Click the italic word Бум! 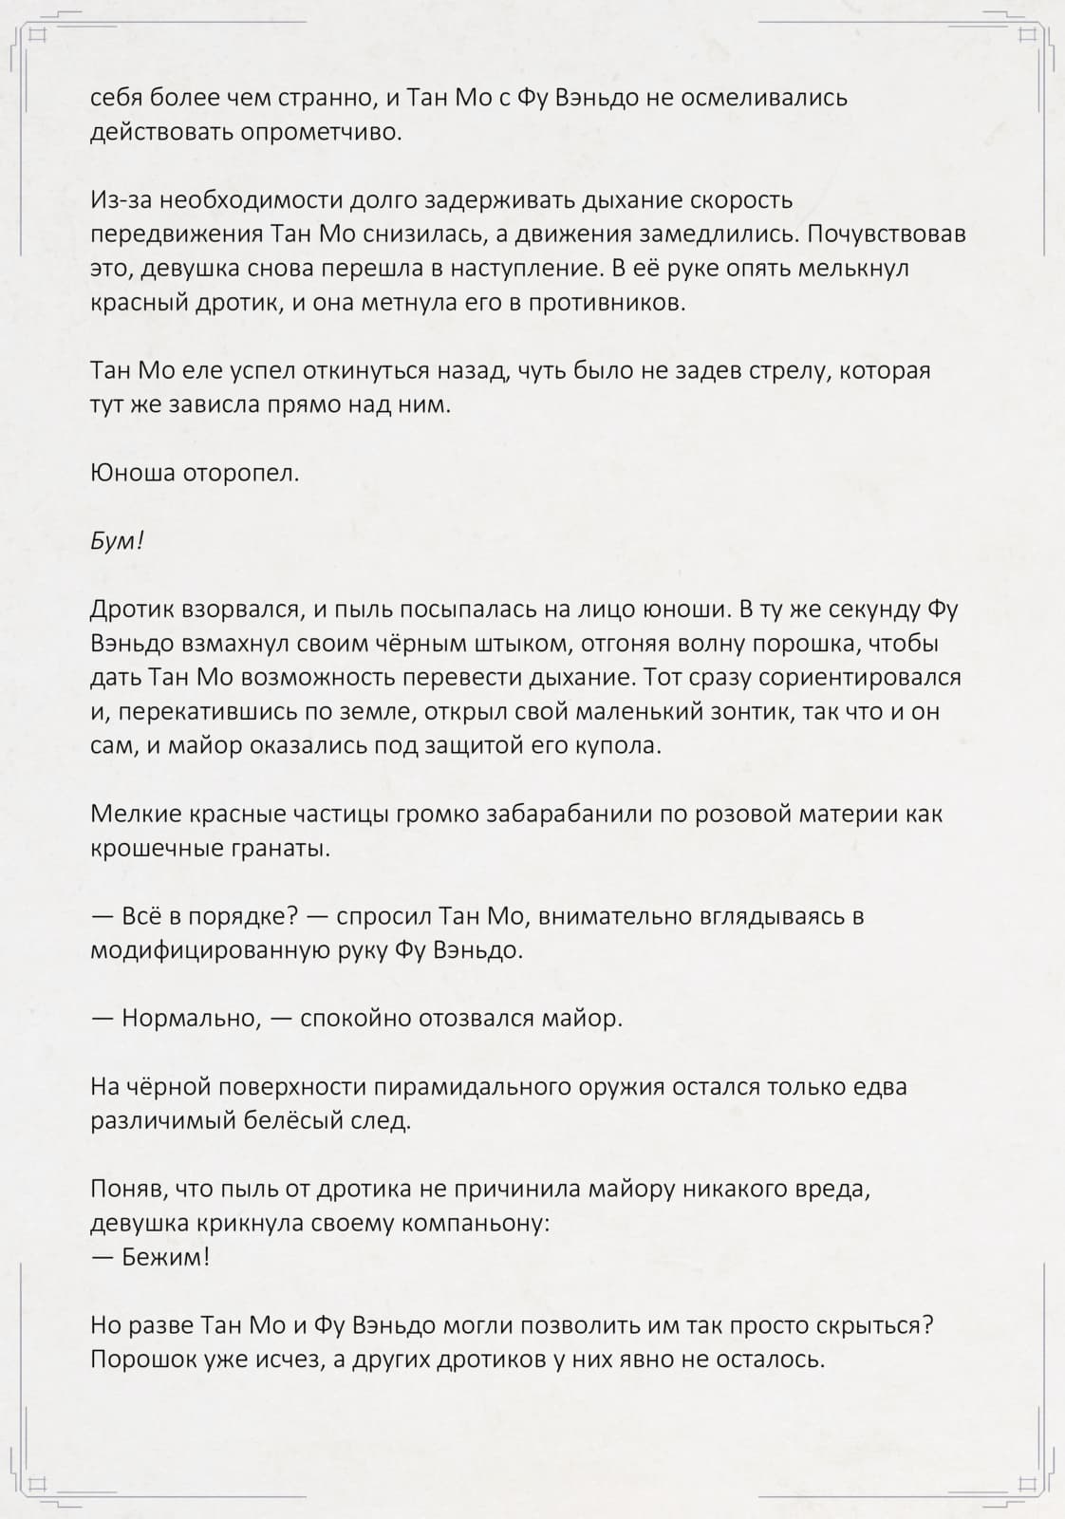116,541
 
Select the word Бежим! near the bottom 165,1257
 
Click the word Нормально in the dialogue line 190,1018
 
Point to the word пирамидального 474,1086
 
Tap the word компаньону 475,1223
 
